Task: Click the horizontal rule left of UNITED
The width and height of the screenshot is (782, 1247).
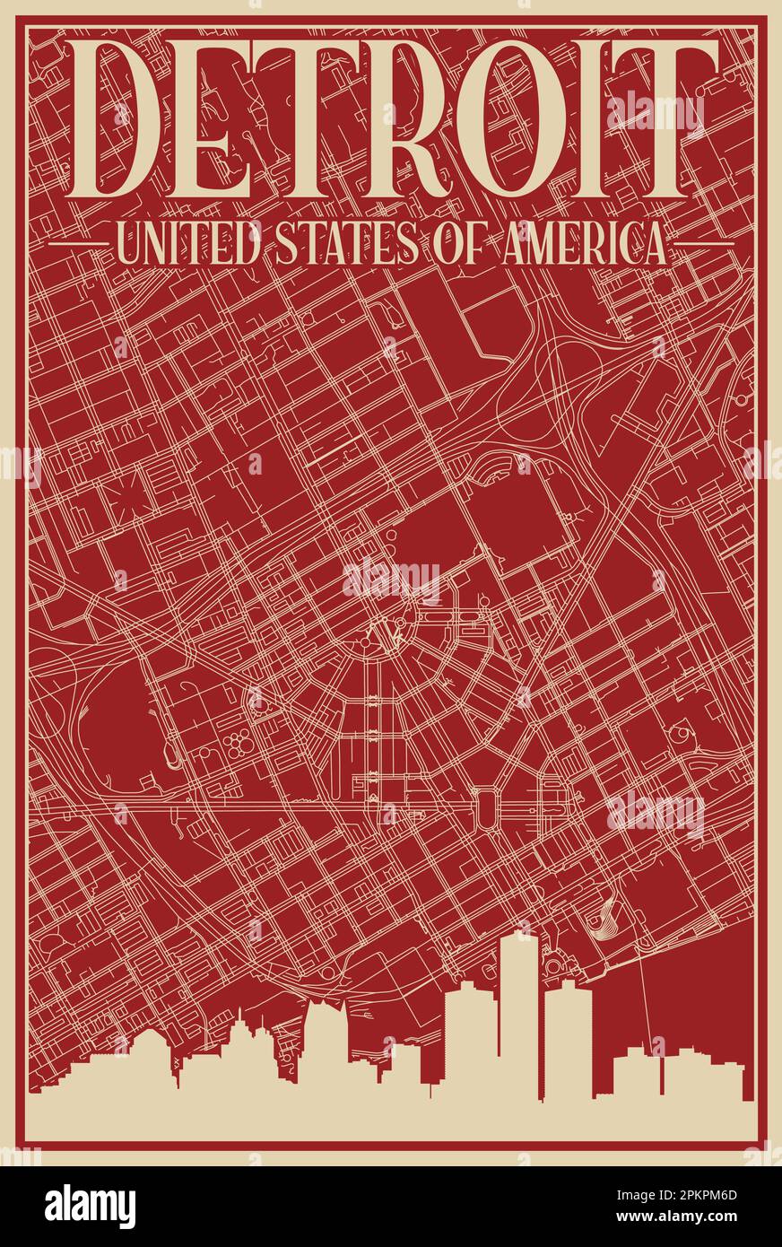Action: (78, 243)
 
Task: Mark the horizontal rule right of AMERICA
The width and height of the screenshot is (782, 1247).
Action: (704, 243)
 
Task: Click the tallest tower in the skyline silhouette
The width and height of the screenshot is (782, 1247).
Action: (519, 1014)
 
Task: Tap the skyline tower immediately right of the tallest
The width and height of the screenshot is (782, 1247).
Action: (568, 1041)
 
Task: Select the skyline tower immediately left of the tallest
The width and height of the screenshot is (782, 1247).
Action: (471, 1041)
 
